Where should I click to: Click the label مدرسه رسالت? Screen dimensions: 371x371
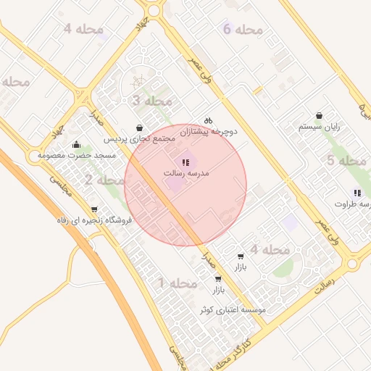click(x=188, y=174)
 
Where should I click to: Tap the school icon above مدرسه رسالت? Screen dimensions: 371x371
click(x=185, y=163)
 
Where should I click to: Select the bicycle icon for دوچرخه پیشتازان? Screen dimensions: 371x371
click(x=208, y=120)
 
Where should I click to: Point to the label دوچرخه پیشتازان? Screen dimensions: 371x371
click(x=209, y=132)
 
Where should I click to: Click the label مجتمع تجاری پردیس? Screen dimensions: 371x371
click(x=140, y=138)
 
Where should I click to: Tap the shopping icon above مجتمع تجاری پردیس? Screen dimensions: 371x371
click(x=139, y=127)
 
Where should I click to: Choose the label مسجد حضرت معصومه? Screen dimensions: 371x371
click(x=77, y=155)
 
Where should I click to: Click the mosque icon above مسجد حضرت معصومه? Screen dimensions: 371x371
click(x=77, y=144)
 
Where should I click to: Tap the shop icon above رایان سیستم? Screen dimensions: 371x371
click(x=320, y=116)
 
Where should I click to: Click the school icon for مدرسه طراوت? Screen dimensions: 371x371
click(x=357, y=193)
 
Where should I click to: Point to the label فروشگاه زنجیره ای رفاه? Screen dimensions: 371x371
click(x=94, y=220)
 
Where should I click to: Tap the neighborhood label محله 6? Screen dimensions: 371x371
click(x=242, y=30)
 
